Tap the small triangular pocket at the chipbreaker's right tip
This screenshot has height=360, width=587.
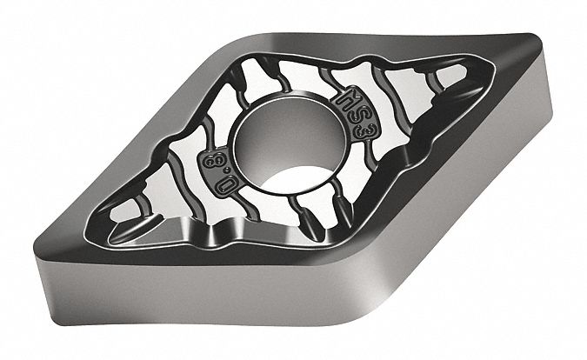tap(453, 83)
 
